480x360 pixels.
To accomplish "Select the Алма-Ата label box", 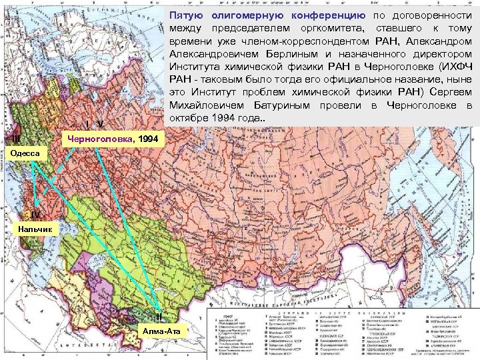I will coord(163,331).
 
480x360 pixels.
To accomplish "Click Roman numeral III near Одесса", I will coord(16,139).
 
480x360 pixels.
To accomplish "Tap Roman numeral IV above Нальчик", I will coord(36,215).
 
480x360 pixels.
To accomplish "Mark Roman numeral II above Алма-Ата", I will coord(158,317).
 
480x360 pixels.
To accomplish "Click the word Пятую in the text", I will coord(187,15).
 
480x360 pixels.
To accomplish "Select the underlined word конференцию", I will coord(327,15).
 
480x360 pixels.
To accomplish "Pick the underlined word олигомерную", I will coord(248,15).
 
